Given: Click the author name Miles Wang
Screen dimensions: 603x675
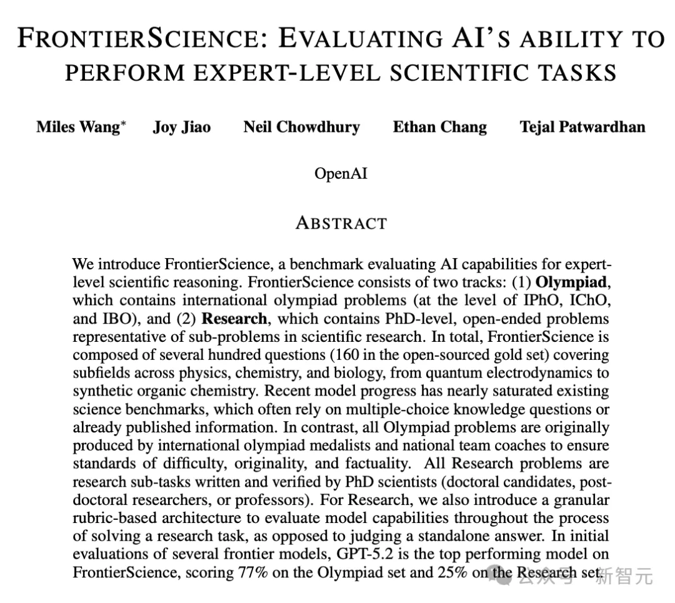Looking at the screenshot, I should pyautogui.click(x=77, y=127).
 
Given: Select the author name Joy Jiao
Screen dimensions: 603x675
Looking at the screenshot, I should pyautogui.click(x=181, y=127).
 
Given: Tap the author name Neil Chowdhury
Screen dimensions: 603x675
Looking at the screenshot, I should pyautogui.click(x=301, y=127).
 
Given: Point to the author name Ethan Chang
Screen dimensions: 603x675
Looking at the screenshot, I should pyautogui.click(x=439, y=127).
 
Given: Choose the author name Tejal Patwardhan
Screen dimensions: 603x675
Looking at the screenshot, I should pyautogui.click(x=582, y=127).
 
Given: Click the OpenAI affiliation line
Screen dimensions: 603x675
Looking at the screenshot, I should pyautogui.click(x=341, y=173).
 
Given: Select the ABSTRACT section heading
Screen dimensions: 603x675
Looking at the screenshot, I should pyautogui.click(x=341, y=223).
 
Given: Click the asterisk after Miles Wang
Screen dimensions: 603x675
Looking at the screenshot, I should pyautogui.click(x=123, y=123).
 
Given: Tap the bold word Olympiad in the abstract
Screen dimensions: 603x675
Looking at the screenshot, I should pyautogui.click(x=571, y=282).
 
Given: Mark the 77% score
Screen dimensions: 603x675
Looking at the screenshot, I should pyautogui.click(x=254, y=572).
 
